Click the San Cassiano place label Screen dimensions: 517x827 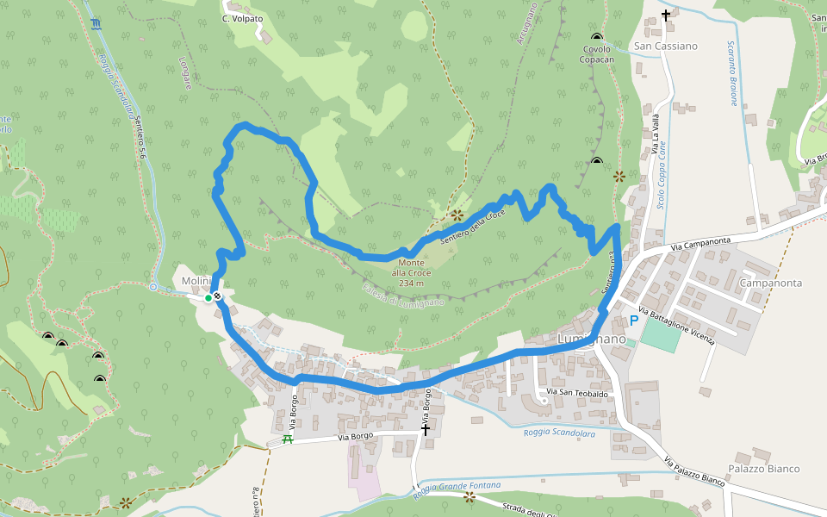click(665, 46)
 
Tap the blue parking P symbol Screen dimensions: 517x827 click(633, 321)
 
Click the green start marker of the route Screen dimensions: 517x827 click(208, 298)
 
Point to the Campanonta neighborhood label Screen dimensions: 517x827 click(771, 283)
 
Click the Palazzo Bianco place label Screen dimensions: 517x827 click(764, 469)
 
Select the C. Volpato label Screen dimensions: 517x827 click(243, 18)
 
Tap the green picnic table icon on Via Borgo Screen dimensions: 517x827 click(288, 439)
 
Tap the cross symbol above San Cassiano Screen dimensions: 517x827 click(665, 16)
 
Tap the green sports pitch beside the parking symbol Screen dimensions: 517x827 click(659, 334)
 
